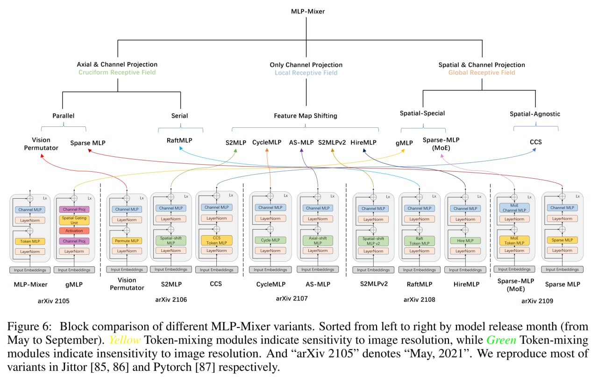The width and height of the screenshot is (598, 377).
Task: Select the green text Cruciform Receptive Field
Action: point(117,72)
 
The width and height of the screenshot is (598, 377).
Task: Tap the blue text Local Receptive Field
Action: point(306,73)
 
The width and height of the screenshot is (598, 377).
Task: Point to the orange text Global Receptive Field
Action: point(482,72)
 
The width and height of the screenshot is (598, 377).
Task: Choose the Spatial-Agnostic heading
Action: point(535,114)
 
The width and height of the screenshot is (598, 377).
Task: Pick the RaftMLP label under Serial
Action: point(179,140)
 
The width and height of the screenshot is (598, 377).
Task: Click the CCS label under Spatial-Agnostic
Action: point(536,142)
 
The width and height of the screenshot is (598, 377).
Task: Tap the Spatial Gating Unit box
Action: point(75,220)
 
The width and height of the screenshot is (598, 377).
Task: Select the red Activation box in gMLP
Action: point(75,231)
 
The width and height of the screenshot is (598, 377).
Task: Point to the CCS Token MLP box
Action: point(216,241)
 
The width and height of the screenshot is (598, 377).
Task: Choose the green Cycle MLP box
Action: point(271,240)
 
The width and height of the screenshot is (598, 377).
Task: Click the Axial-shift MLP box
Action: point(318,241)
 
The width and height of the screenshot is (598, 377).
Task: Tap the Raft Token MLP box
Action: point(419,241)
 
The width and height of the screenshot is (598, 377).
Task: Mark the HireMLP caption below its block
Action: point(465,284)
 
